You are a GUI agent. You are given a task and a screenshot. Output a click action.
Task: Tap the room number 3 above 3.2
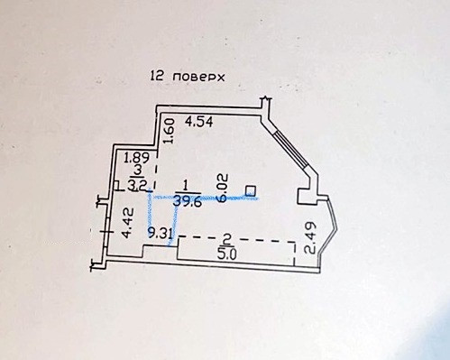[136, 170]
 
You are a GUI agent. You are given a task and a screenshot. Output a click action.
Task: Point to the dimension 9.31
[160, 233]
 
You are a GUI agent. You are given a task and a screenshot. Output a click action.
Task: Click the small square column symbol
[250, 189]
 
